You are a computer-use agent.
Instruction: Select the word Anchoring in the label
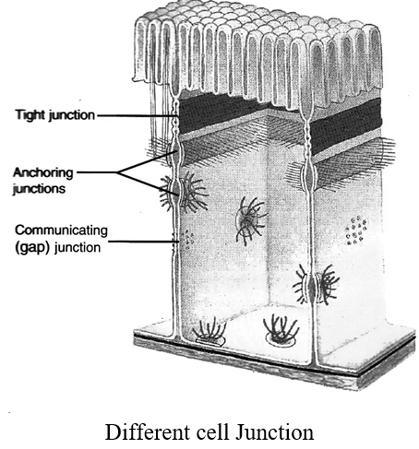pyautogui.click(x=43, y=173)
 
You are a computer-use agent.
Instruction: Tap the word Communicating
pyautogui.click(x=62, y=230)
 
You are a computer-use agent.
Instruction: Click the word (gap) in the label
pyautogui.click(x=32, y=248)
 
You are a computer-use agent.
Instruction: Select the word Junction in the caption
pyautogui.click(x=275, y=432)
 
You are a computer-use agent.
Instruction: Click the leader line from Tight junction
pyautogui.click(x=138, y=116)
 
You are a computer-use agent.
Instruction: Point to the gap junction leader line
pyautogui.click(x=144, y=242)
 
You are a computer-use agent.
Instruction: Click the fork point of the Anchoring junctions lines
pyautogui.click(x=119, y=172)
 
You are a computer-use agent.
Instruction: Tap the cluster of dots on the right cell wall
pyautogui.click(x=355, y=230)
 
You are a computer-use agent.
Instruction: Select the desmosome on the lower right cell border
pyautogui.click(x=317, y=284)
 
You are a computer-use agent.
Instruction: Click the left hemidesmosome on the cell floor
pyautogui.click(x=209, y=333)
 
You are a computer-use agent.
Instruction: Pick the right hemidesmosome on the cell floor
pyautogui.click(x=281, y=330)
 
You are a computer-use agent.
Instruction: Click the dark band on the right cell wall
pyautogui.click(x=346, y=127)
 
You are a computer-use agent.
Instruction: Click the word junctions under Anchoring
pyautogui.click(x=39, y=188)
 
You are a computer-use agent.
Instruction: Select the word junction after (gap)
pyautogui.click(x=78, y=248)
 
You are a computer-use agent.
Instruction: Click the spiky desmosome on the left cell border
pyautogui.click(x=183, y=193)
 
